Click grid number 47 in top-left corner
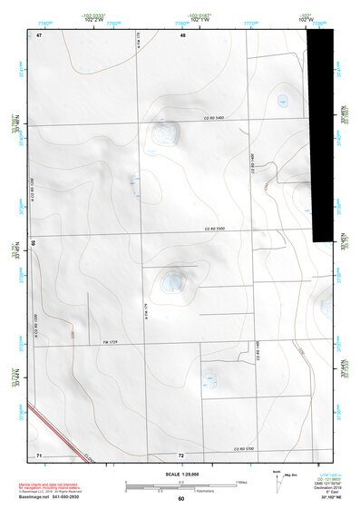(x=40, y=34)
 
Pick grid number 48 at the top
(x=182, y=34)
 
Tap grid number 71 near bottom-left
(x=39, y=455)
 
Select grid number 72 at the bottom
(x=181, y=455)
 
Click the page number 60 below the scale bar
(x=181, y=499)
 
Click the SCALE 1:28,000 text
(x=180, y=475)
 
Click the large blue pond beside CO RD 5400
(x=166, y=133)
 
